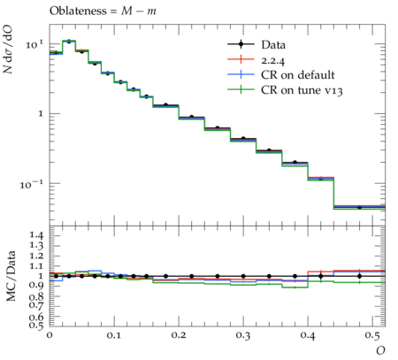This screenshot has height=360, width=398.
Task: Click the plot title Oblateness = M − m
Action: coord(103,11)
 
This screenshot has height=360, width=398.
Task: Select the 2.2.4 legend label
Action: coord(273,60)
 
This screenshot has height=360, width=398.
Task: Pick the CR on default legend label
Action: coord(298,75)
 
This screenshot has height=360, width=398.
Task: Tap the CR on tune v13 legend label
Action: coord(302,90)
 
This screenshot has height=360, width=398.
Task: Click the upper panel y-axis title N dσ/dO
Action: coord(8,49)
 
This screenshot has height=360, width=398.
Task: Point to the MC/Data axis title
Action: coord(11,276)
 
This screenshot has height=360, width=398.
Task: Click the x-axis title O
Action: coord(380,350)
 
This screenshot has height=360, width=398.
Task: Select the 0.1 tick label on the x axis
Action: coord(114,335)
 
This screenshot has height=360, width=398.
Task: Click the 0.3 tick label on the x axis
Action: coord(243,335)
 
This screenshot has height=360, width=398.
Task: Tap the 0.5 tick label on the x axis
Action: coord(372,335)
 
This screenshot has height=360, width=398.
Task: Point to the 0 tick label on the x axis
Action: coord(50,335)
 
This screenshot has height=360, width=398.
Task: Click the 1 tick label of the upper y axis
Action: coord(41,113)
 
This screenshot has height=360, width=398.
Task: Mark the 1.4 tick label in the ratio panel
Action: coord(36,235)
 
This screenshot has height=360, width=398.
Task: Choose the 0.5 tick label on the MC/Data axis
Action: coord(36,326)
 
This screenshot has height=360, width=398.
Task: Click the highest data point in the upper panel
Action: coord(69,42)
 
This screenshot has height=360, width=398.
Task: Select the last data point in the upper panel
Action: coord(359,207)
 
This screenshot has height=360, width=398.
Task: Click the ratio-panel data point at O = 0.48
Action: coord(359,276)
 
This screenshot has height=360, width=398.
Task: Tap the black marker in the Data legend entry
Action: coord(241,44)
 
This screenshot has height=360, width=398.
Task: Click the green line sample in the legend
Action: coord(241,89)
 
